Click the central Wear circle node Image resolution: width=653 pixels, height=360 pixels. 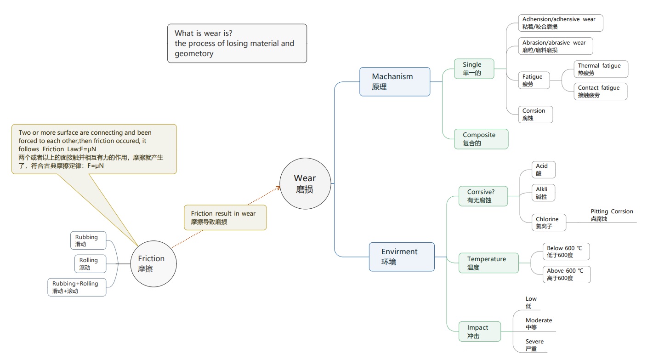(305, 183)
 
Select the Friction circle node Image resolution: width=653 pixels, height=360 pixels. (153, 264)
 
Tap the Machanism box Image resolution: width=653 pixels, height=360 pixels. (394, 81)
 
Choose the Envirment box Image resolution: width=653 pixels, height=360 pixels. (401, 257)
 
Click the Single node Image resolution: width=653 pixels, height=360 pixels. (474, 69)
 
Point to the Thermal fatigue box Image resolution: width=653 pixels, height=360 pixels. (600, 69)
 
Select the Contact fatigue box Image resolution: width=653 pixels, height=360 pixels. (600, 91)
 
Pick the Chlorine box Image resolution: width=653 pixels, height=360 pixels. (549, 223)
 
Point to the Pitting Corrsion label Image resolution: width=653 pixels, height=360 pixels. (612, 215)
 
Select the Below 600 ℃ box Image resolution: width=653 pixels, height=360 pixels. (566, 251)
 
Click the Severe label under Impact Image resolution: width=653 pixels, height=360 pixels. (535, 345)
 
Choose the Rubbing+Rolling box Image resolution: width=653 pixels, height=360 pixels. (77, 287)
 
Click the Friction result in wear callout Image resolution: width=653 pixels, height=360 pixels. (225, 217)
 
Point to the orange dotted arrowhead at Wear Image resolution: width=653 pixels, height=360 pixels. (278, 187)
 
